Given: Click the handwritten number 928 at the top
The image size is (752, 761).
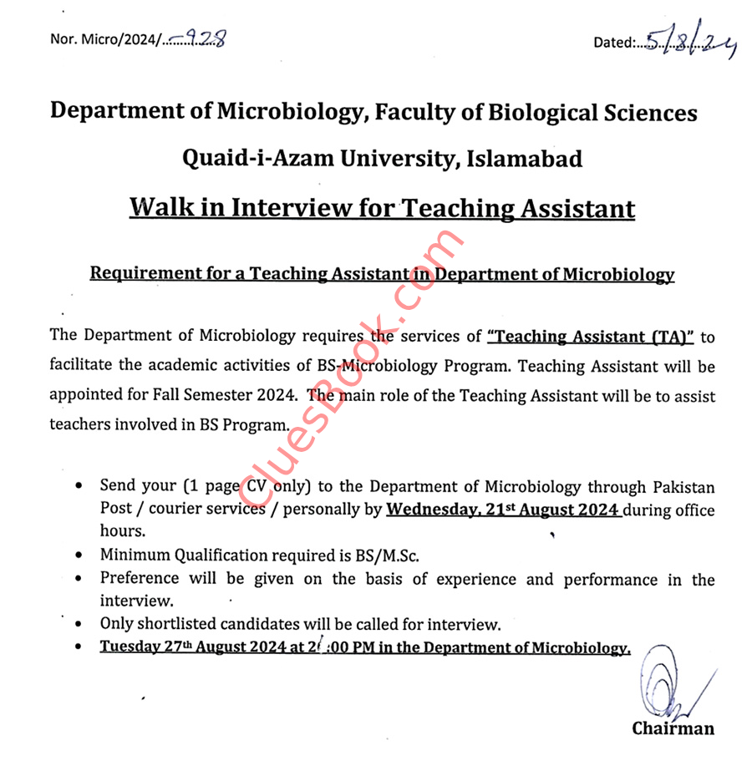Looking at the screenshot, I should point(205,38).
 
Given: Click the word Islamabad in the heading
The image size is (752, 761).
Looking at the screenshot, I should point(524,159).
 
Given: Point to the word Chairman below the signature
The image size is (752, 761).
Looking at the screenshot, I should point(673,728).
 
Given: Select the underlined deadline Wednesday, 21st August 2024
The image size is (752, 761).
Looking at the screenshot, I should point(502,510).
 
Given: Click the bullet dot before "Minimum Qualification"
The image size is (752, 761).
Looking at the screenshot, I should point(79,556).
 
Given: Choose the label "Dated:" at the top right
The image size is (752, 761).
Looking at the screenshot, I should point(615,42).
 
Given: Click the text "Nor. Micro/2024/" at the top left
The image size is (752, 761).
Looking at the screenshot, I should point(104,39).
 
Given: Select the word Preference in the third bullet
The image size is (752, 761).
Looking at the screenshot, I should point(140,578).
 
